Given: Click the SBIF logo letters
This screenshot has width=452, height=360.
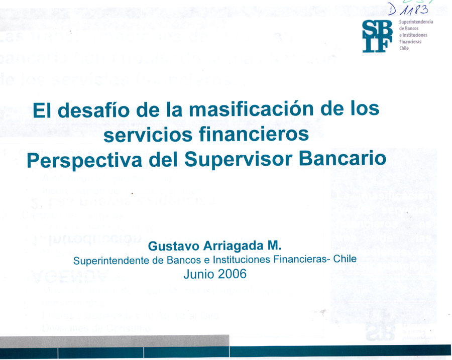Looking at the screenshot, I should point(378,36).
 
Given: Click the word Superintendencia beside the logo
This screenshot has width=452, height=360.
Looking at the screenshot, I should point(415,23).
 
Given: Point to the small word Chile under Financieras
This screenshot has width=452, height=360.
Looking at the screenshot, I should point(404,48).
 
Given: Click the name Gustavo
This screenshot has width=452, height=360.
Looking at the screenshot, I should point(170,247).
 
